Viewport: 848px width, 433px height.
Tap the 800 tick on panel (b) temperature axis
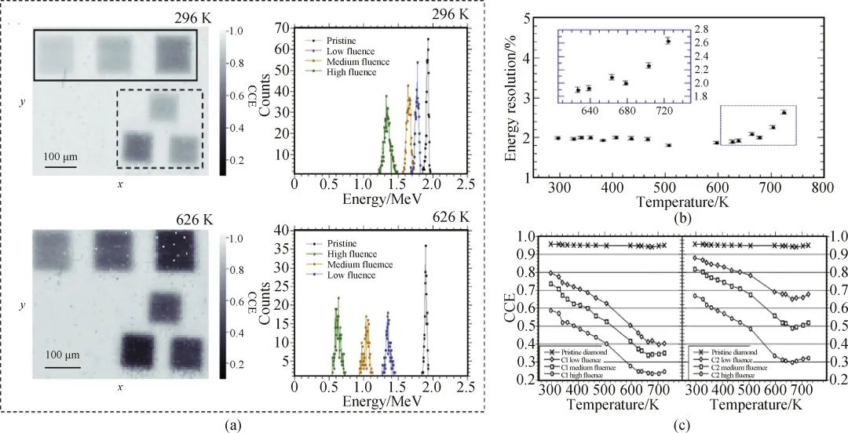tap(821, 189)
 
